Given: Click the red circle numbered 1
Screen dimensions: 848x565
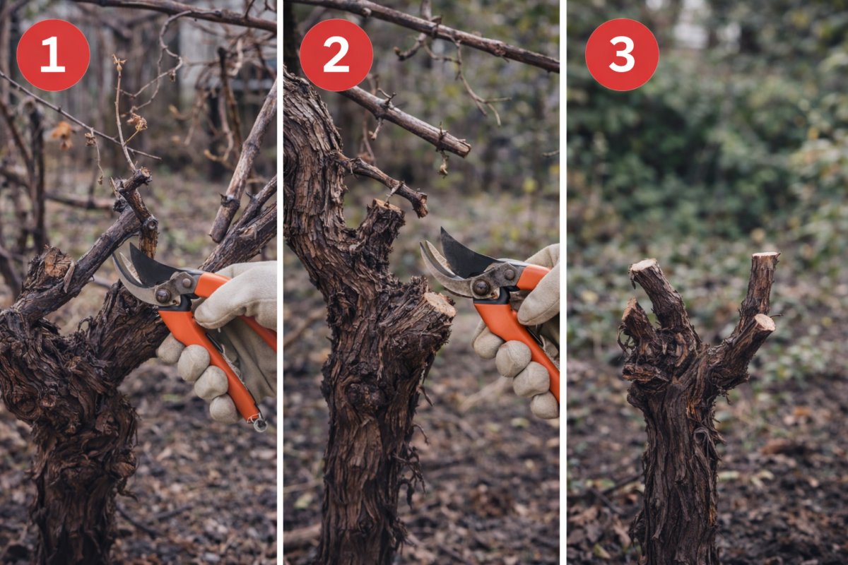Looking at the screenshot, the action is (x=53, y=55).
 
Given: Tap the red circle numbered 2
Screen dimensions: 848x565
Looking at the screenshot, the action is (x=336, y=55).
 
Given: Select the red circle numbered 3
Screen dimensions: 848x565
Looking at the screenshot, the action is (x=622, y=55).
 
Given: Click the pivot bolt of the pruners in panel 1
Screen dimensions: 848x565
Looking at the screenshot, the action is (x=163, y=295).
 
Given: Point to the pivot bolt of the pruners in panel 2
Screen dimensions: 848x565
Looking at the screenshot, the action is (x=481, y=287).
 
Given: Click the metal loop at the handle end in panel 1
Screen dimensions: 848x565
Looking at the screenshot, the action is (x=260, y=424).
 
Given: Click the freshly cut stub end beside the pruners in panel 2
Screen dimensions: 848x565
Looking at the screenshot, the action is (x=440, y=304).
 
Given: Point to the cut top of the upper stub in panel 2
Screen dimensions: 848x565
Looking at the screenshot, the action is (x=386, y=206).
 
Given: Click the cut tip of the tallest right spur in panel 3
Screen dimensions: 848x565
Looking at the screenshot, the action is (x=765, y=257).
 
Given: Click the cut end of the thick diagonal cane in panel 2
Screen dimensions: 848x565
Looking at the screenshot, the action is (x=461, y=149).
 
